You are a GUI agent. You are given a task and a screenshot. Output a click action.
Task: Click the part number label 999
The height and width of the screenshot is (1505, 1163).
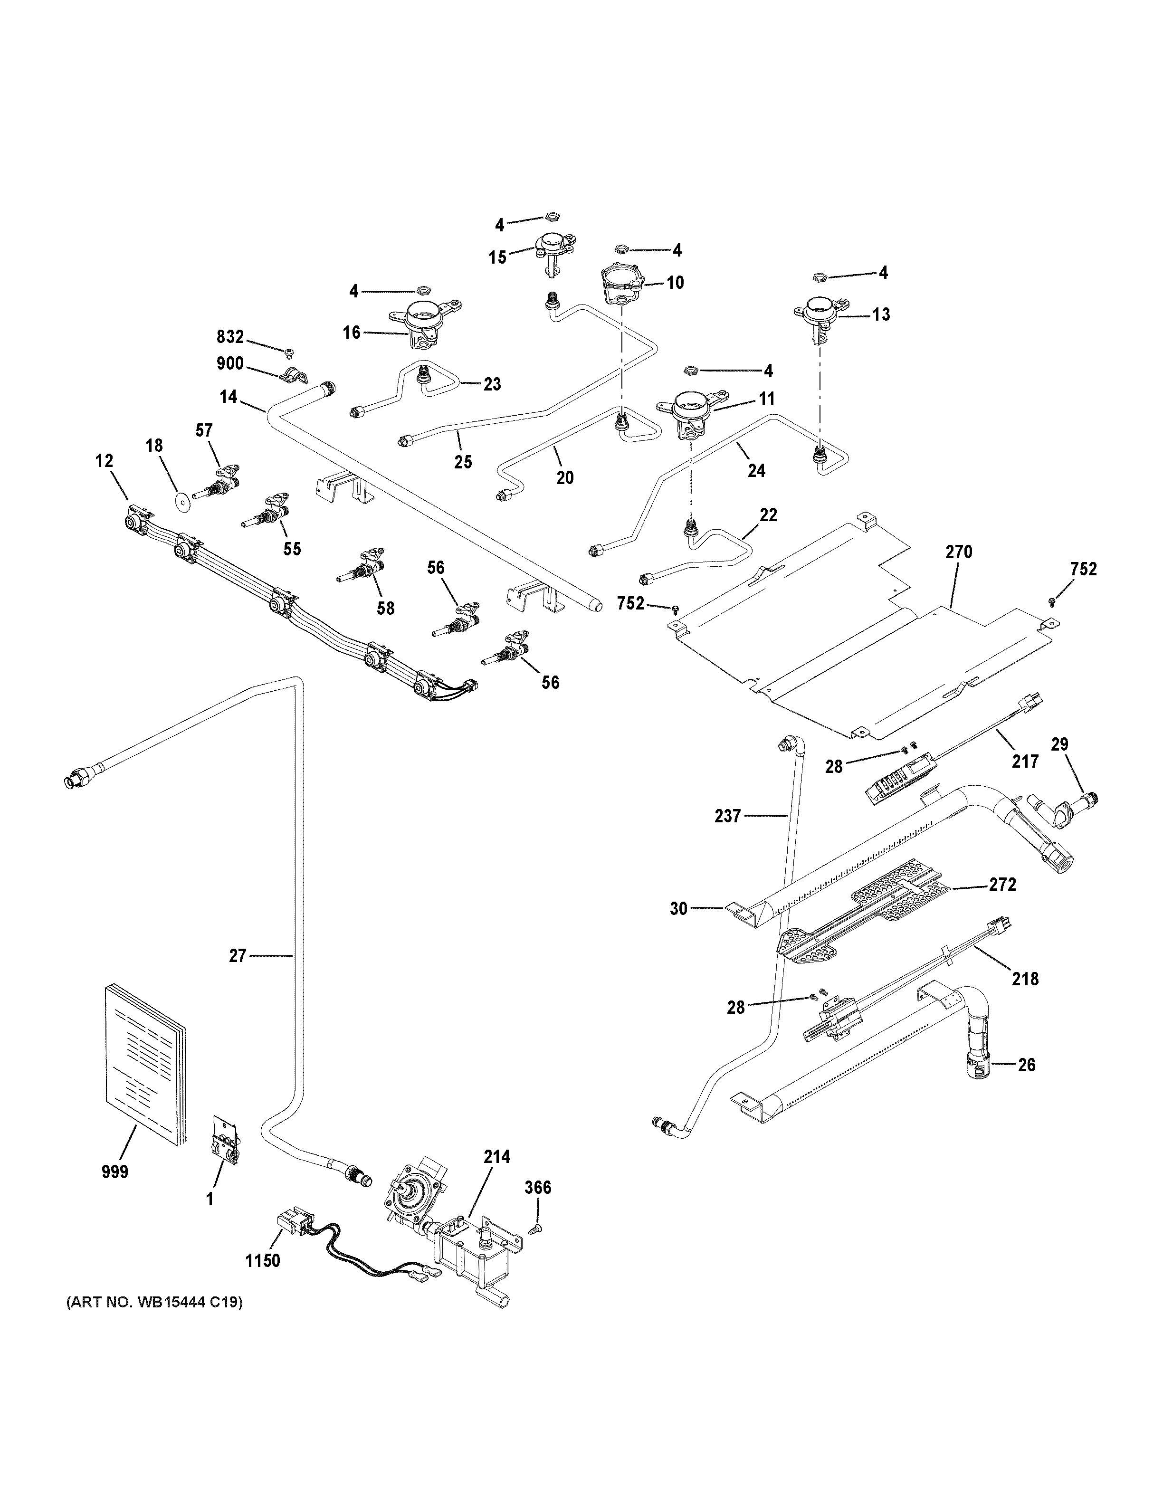point(115,1172)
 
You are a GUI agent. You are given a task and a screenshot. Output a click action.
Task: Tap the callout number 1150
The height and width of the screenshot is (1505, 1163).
point(263,1261)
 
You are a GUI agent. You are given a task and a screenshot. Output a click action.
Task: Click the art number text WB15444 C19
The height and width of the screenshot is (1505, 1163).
point(155,1303)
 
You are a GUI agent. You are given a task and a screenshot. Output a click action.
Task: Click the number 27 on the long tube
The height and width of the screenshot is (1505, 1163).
point(238,956)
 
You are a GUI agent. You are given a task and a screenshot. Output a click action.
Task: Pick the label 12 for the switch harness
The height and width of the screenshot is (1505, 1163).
point(104,461)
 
